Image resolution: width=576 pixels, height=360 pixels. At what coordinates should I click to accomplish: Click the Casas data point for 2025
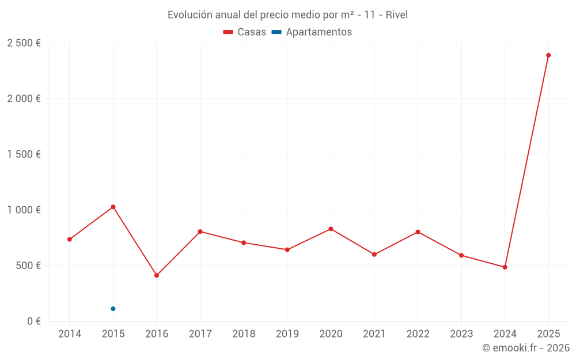(548, 55)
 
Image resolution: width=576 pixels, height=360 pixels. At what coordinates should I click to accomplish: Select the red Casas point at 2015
(113, 207)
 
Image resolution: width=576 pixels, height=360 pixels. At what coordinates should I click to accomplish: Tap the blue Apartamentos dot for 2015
(113, 309)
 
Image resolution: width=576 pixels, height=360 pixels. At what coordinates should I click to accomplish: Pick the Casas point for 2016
(157, 275)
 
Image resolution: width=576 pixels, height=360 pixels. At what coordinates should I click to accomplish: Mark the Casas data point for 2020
(331, 229)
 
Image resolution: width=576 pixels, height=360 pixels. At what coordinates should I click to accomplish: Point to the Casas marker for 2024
(505, 267)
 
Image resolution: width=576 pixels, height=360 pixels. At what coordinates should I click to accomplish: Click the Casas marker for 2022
(418, 232)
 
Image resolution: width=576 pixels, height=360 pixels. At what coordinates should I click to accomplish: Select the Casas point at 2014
(70, 239)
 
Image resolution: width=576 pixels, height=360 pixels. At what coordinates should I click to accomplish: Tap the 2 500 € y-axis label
(24, 43)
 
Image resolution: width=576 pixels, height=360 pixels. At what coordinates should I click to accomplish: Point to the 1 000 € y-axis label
(24, 210)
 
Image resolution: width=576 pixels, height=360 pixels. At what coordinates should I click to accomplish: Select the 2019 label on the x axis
(287, 334)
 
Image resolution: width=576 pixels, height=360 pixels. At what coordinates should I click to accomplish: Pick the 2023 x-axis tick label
(461, 334)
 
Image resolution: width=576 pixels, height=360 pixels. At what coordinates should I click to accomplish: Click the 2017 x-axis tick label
(200, 334)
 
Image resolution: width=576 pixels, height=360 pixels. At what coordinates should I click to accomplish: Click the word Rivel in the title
(396, 15)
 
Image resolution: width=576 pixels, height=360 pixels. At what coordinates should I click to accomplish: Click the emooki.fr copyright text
(525, 348)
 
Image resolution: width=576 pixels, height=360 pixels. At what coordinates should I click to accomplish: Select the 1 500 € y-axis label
(24, 154)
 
